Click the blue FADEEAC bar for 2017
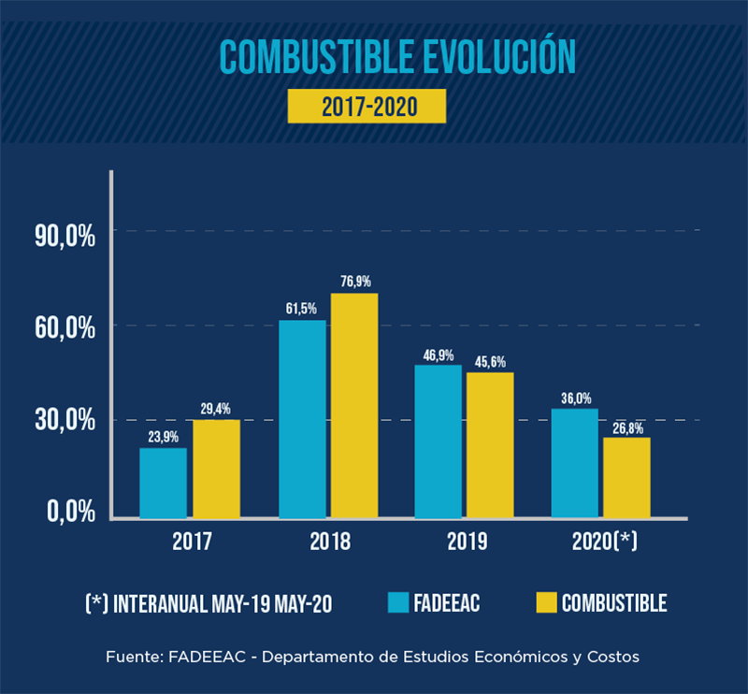[x=163, y=483]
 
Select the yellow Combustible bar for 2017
[x=216, y=469]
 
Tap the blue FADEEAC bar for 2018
[x=302, y=419]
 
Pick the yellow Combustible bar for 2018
[x=354, y=405]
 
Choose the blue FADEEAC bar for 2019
[x=439, y=441]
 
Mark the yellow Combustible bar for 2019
[x=490, y=444]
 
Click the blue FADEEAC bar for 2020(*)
[x=574, y=462]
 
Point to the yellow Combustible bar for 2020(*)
[x=626, y=477]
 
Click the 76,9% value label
[x=355, y=281]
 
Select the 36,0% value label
[x=575, y=398]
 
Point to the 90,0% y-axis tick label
[x=65, y=237]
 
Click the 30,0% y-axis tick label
[x=65, y=421]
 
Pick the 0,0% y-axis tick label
[x=71, y=512]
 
